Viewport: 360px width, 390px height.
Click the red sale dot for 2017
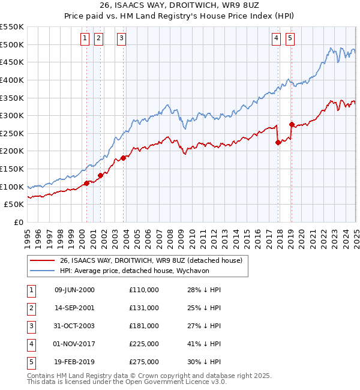tap(278, 142)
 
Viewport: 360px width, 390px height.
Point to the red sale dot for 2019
tap(292, 125)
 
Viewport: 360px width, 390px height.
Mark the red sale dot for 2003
tap(124, 158)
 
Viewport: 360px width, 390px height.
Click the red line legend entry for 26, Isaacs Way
tap(150, 260)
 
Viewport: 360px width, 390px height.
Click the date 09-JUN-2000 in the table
tap(74, 290)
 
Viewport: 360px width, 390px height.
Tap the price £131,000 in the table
tap(144, 308)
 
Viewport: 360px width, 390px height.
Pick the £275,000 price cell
tap(144, 362)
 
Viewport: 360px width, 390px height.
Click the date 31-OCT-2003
tap(74, 326)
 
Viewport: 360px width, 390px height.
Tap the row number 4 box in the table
tap(31, 344)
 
